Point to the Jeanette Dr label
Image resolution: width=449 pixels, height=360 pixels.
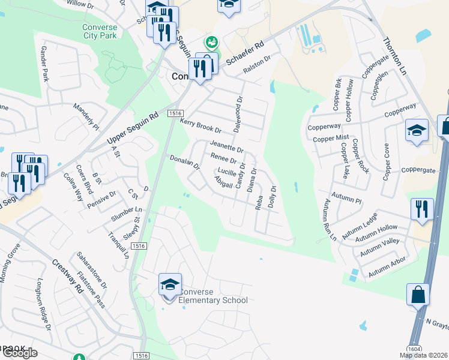(x=226, y=145)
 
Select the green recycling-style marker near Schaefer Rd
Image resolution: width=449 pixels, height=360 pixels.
(x=211, y=42)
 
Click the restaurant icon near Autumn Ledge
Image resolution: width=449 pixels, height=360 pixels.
(x=421, y=209)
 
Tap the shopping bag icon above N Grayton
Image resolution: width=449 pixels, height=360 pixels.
(x=418, y=295)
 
